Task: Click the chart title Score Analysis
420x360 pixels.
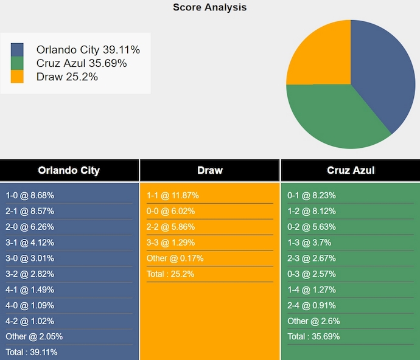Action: click(x=210, y=7)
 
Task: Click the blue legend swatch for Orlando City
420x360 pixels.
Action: click(x=17, y=50)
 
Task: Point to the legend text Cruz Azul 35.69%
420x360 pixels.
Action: click(x=82, y=63)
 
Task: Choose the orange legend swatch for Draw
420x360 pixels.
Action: click(x=17, y=77)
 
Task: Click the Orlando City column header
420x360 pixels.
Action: click(x=69, y=170)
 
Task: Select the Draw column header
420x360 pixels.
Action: click(x=210, y=170)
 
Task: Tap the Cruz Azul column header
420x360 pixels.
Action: click(x=351, y=170)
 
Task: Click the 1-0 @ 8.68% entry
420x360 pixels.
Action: click(x=30, y=195)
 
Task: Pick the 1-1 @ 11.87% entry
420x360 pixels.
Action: click(x=173, y=195)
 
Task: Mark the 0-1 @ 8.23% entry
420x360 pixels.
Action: click(x=312, y=195)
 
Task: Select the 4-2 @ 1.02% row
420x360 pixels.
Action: click(x=30, y=321)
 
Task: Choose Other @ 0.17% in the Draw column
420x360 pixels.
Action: click(x=175, y=258)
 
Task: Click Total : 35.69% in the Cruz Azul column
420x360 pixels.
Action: click(x=313, y=336)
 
